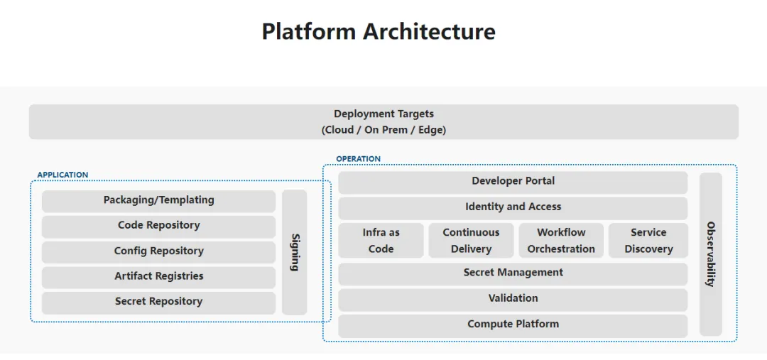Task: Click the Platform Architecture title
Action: (x=378, y=32)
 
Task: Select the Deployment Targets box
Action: (x=383, y=121)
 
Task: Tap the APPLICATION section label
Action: (x=62, y=175)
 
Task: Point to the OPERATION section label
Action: (x=358, y=159)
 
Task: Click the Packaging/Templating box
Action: (x=158, y=200)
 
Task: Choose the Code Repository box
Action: (x=158, y=226)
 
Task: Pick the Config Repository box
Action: (x=158, y=251)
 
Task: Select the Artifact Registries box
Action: (x=158, y=276)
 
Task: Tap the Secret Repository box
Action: (x=158, y=302)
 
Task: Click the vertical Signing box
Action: (x=295, y=252)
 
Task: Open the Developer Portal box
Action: (x=513, y=182)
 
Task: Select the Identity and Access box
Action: (x=513, y=207)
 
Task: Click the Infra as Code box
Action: (x=381, y=241)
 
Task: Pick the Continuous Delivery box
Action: (x=471, y=241)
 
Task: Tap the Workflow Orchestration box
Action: (x=561, y=241)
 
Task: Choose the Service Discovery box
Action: (x=648, y=241)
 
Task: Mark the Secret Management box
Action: (x=513, y=273)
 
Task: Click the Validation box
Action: (x=513, y=299)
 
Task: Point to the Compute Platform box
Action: (x=513, y=324)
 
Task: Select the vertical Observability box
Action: (x=711, y=253)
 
